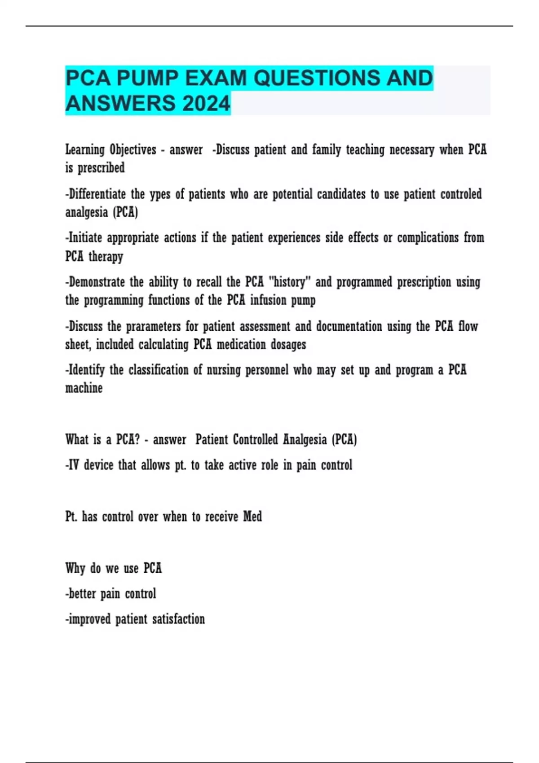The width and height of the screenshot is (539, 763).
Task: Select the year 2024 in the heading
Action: pos(206,103)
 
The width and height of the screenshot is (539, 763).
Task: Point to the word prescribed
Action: pos(101,168)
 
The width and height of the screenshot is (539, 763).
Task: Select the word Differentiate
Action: pos(96,194)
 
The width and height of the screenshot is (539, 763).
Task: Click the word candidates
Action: pos(341,194)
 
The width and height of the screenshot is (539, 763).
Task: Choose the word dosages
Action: pos(288,344)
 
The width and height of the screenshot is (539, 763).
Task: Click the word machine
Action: pos(84,388)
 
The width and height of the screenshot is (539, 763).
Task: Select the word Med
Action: pos(252,517)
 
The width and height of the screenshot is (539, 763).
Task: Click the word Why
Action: pos(75,568)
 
